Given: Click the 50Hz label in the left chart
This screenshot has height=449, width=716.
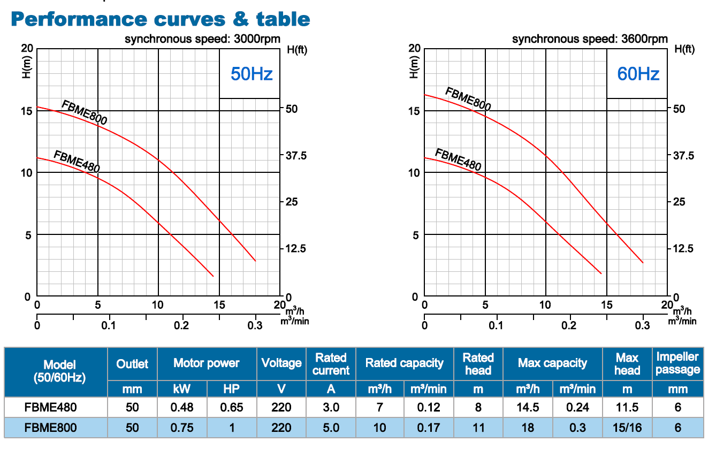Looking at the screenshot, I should coord(252,74).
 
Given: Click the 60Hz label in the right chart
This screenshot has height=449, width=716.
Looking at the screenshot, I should coord(638,74).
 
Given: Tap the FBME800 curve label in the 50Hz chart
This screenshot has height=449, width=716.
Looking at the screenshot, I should coord(85,112).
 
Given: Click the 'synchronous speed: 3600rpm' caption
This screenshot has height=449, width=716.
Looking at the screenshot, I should coord(590,39).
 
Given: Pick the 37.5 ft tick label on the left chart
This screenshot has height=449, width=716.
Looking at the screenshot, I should coord(295,156).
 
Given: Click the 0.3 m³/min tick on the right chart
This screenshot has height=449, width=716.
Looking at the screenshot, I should coord(643,326).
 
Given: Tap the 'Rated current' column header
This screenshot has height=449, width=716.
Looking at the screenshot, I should coord(331,364).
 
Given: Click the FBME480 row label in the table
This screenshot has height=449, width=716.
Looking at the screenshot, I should coord(51,407).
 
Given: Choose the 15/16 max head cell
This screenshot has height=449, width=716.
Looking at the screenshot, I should coord(627,428).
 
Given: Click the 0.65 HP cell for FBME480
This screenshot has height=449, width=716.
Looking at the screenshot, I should coord(231,407).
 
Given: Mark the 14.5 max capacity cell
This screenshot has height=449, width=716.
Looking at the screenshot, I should coord(528,407).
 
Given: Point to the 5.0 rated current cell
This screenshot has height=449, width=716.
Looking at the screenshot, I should coord(331,428).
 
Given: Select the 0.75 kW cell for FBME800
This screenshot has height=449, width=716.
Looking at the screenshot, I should coord(181,428).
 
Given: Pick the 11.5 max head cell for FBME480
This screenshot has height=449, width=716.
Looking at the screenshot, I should coord(627,407).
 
